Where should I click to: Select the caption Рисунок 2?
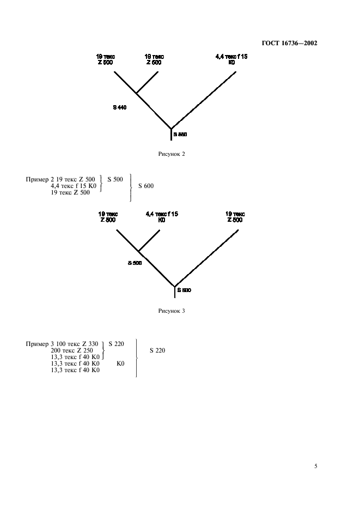[x=172, y=154]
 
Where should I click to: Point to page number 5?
[x=316, y=466]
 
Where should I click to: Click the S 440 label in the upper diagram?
[x=120, y=107]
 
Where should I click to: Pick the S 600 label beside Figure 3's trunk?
[x=184, y=290]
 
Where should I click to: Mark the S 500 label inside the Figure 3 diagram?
[x=135, y=263]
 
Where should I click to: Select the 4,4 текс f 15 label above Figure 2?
[x=231, y=56]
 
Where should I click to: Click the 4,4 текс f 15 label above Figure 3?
[x=162, y=214]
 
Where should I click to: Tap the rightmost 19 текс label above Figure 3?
[x=235, y=214]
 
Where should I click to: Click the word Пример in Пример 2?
[x=36, y=179]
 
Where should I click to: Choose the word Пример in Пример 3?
[x=36, y=344]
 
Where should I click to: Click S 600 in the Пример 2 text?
[x=146, y=186]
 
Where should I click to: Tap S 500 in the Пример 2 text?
[x=115, y=179]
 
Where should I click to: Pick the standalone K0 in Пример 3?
[x=121, y=363]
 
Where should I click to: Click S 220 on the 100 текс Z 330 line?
[x=117, y=344]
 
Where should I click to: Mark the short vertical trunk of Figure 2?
[x=171, y=135]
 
